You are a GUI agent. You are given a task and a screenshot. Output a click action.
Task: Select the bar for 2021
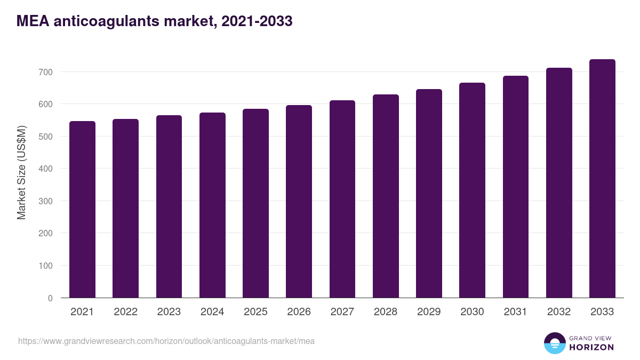[82, 210]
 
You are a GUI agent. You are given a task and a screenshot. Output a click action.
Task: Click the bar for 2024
[212, 205]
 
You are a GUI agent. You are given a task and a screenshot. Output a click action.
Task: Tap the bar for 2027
[342, 199]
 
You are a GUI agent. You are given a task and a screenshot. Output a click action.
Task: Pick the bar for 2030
[473, 190]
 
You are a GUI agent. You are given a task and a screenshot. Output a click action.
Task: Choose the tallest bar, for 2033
[602, 179]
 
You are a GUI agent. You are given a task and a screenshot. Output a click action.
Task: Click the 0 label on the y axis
[50, 298]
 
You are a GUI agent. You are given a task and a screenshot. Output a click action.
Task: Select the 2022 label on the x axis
[125, 312]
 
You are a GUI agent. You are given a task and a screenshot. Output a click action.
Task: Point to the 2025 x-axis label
[255, 312]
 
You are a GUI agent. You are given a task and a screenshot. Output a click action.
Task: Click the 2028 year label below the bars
[386, 312]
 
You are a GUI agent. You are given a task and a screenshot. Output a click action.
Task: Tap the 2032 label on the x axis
[559, 312]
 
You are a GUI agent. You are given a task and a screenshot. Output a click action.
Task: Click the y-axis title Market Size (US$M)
[21, 172]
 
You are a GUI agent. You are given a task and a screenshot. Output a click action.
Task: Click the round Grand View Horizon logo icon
[554, 343]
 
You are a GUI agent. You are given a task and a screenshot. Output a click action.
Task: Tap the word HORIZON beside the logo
[591, 347]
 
